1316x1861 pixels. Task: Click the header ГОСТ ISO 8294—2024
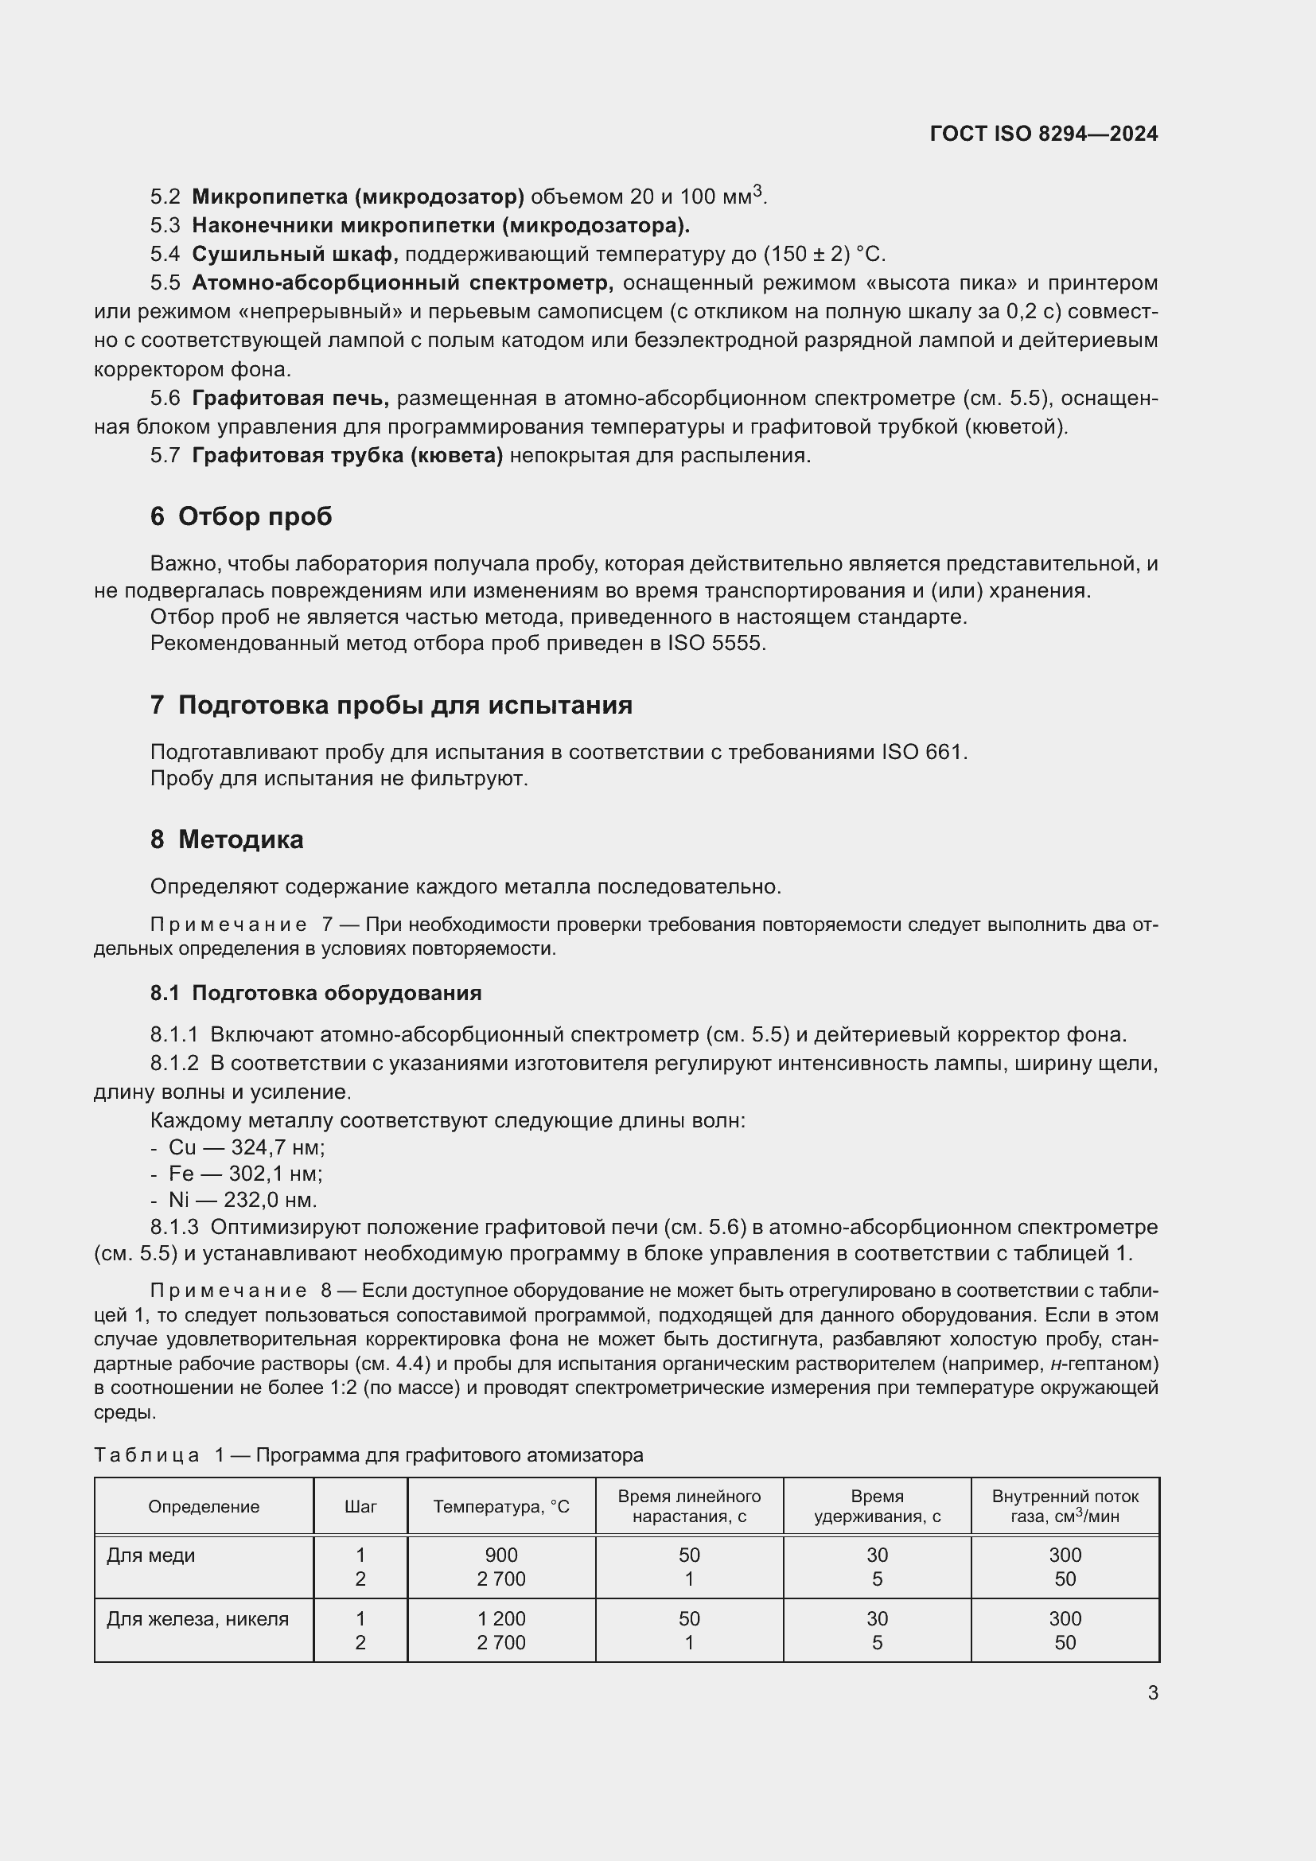[x=1044, y=134]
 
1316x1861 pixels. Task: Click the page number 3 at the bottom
[x=1152, y=1692]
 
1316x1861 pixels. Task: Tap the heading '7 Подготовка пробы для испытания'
[x=391, y=705]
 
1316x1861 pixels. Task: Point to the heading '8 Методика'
[x=226, y=839]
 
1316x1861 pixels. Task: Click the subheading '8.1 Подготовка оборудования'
[x=316, y=993]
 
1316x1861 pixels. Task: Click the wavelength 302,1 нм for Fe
[x=275, y=1173]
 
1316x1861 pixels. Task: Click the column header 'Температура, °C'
[x=500, y=1507]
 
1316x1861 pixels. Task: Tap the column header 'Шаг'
[x=360, y=1507]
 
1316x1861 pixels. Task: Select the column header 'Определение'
[x=204, y=1507]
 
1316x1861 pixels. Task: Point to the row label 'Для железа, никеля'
[x=197, y=1618]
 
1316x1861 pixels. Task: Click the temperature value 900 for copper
[x=500, y=1555]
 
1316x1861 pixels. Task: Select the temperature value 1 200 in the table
[x=500, y=1618]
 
